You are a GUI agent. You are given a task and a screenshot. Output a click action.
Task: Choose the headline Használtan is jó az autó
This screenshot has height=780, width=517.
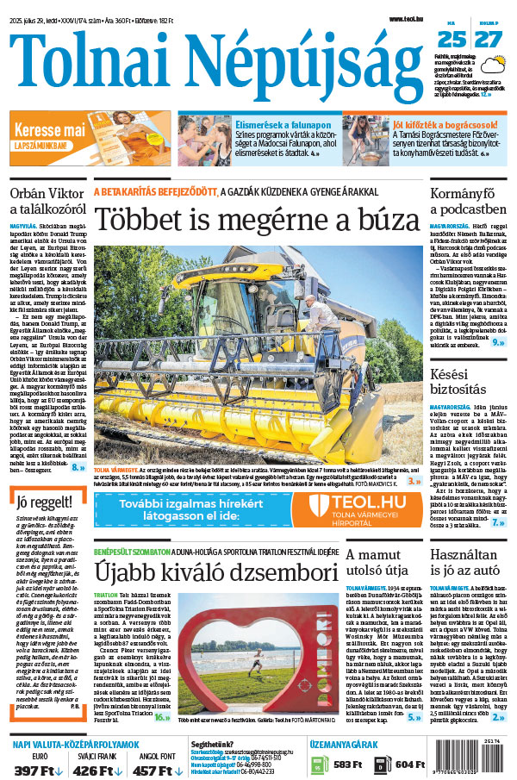[x=468, y=571]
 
